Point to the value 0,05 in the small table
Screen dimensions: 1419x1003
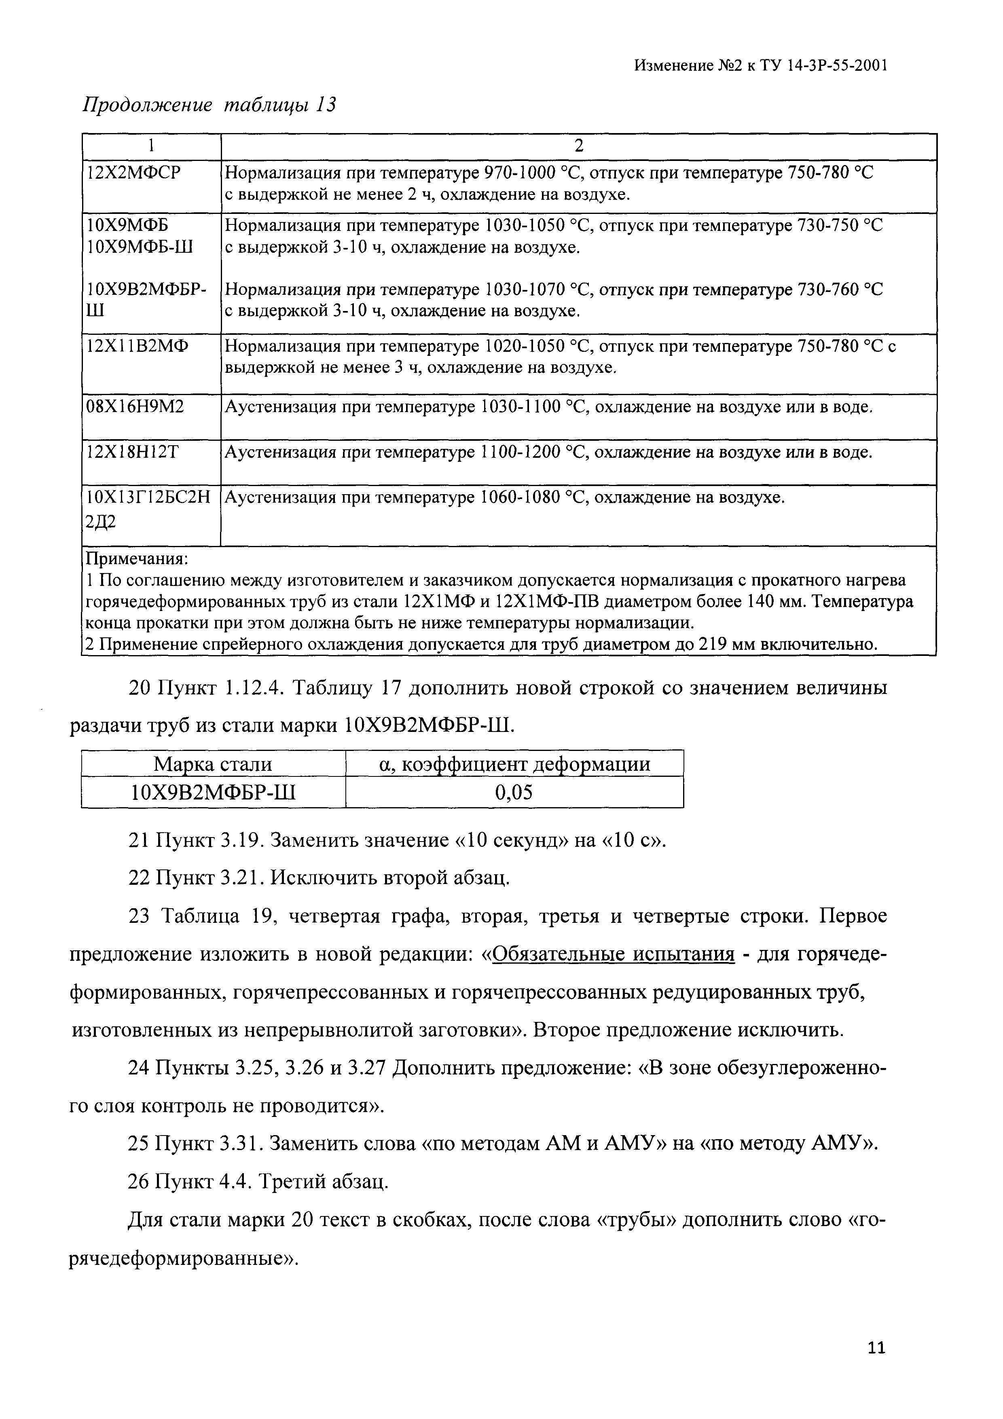coord(514,792)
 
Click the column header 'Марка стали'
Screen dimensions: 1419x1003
coord(213,764)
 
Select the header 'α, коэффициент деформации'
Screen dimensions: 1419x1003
coord(514,764)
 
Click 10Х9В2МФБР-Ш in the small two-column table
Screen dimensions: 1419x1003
coord(213,792)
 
